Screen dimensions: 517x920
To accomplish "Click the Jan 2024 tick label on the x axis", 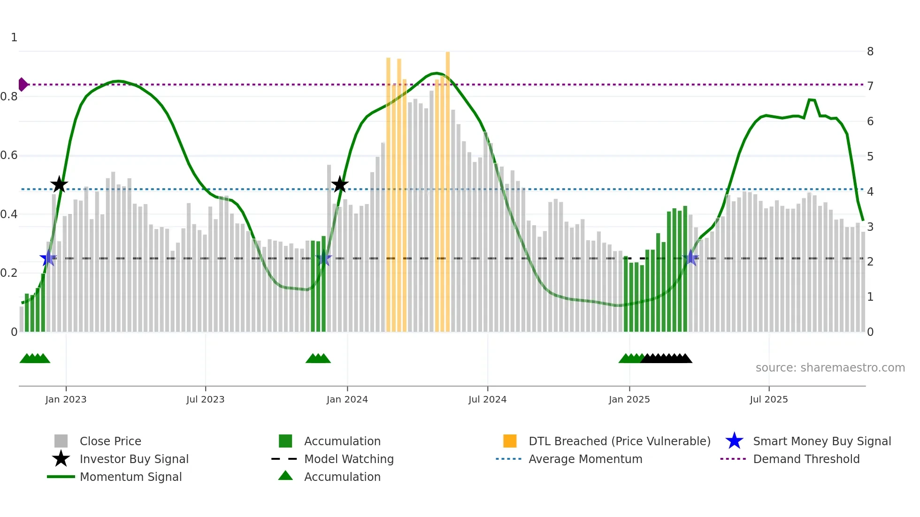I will click(347, 399).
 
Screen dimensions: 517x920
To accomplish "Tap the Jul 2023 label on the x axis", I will click(205, 399).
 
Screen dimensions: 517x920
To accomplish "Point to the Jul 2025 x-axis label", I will click(768, 399).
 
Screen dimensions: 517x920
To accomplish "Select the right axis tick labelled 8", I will click(870, 52).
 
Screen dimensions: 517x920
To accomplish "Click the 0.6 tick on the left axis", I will click(9, 155).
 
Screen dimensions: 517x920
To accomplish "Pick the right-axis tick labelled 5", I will click(870, 156).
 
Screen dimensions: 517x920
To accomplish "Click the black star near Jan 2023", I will click(59, 184).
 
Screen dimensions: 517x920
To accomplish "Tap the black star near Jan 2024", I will click(340, 184).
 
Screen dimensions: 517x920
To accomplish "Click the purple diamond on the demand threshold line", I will click(23, 84).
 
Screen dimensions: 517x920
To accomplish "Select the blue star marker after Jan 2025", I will click(690, 258).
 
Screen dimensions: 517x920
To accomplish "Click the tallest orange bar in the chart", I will click(448, 188).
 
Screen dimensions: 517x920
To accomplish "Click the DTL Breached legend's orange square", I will click(510, 441).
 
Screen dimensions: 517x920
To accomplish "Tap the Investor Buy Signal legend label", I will click(134, 459).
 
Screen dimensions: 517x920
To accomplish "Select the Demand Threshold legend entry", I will click(806, 459).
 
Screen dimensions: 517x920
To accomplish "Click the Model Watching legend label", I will click(349, 459).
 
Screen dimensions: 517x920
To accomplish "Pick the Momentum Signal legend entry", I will click(130, 477).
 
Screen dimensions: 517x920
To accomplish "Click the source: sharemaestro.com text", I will click(830, 367).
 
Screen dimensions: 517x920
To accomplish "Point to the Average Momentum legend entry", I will click(585, 459).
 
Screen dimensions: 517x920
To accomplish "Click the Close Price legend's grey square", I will click(61, 441).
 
